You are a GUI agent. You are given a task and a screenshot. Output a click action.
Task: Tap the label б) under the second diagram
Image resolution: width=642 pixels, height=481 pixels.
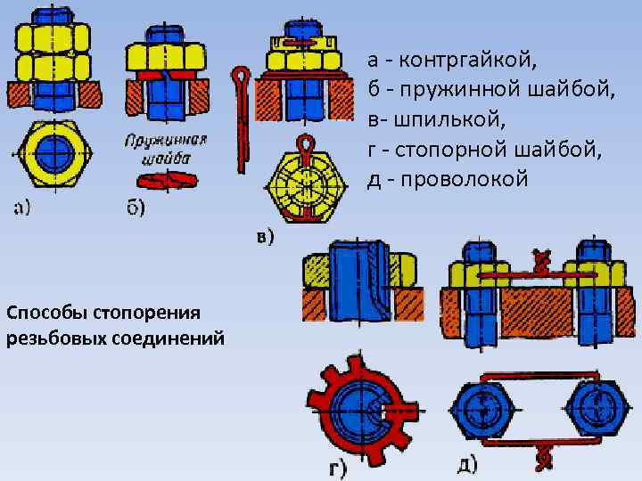pos(135,210)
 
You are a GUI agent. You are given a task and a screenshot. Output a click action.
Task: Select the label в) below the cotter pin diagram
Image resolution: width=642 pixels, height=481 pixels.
pos(265,237)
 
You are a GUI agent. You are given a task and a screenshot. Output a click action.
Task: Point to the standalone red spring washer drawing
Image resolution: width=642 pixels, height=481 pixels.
pos(166,181)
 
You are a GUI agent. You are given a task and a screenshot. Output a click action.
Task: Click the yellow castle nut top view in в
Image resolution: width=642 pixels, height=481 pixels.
pos(305,183)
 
